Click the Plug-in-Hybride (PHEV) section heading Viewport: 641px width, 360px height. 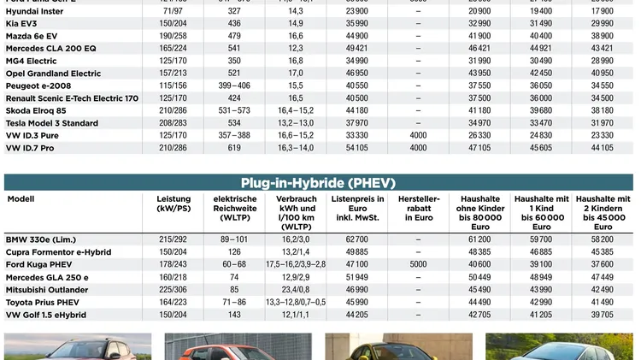(x=318, y=183)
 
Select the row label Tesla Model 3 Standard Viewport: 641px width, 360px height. (x=52, y=123)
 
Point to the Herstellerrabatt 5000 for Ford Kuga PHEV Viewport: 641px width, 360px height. (x=418, y=265)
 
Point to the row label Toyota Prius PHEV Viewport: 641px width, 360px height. (x=43, y=303)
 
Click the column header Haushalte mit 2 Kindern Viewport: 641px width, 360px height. (x=603, y=210)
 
